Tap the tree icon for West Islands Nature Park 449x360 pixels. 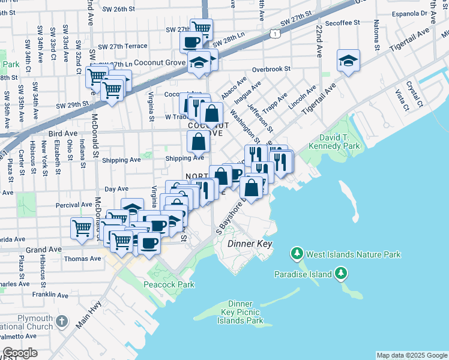coord(296,254)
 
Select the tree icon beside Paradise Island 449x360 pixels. coord(341,274)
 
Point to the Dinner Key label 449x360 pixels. coord(250,244)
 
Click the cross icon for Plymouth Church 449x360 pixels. coord(61,322)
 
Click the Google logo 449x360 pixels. coord(20,353)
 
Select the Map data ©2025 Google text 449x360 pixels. coord(412,355)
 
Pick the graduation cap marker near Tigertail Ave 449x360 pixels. coord(348,61)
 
